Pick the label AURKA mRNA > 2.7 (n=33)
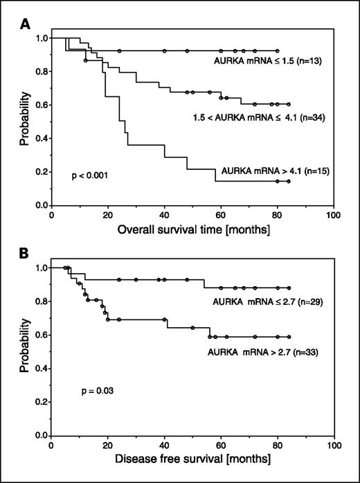pyautogui.click(x=264, y=353)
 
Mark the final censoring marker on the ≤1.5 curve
pyautogui.click(x=277, y=51)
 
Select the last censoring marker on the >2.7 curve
pyautogui.click(x=288, y=337)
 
